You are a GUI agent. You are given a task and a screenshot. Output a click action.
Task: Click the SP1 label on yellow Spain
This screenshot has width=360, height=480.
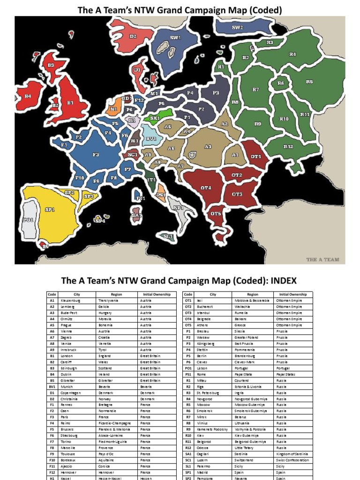coord(50,210)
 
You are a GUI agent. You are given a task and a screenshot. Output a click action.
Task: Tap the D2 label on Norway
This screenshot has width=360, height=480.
coord(133,36)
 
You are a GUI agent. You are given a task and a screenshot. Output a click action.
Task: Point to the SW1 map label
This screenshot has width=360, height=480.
coord(175,37)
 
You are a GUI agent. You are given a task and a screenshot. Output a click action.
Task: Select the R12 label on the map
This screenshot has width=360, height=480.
coord(288,147)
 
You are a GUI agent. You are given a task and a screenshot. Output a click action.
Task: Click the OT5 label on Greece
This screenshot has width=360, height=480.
coord(215,214)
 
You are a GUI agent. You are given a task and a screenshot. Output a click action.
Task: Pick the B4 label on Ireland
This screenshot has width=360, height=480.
coord(28,96)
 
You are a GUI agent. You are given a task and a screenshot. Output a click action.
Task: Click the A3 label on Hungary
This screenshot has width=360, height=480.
coord(208,147)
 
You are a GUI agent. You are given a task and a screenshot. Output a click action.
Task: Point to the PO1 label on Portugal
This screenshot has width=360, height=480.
coord(28,219)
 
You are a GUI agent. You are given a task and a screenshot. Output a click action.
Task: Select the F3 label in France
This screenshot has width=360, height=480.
coord(96,154)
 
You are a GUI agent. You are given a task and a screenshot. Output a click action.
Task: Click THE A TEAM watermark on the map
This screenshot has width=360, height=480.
coord(322,259)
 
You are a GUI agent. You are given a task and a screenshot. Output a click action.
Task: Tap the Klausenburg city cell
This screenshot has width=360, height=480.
coord(71,300)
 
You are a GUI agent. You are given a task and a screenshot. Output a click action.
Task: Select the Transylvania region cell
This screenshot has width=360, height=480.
coord(108,300)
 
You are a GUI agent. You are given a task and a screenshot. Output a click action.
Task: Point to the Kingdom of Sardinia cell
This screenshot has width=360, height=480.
coord(291,454)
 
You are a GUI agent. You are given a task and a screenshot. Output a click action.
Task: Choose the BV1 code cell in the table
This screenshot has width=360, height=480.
coord(52,387)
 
